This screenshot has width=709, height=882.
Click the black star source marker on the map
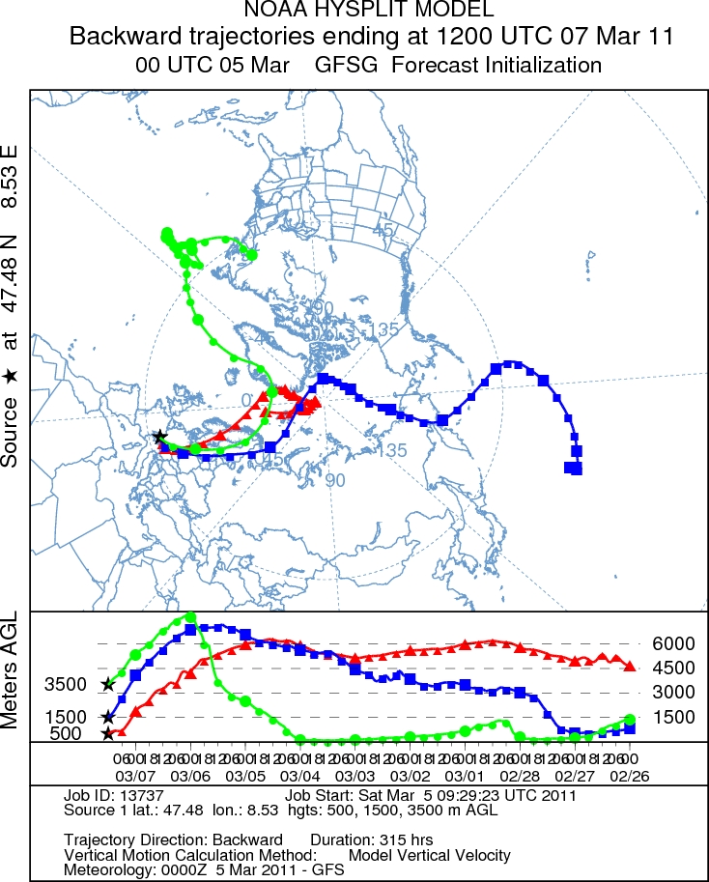(x=159, y=438)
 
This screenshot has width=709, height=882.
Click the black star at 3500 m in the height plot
(x=107, y=685)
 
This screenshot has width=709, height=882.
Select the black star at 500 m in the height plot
(x=107, y=734)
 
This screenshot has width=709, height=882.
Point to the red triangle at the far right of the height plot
(x=630, y=666)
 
